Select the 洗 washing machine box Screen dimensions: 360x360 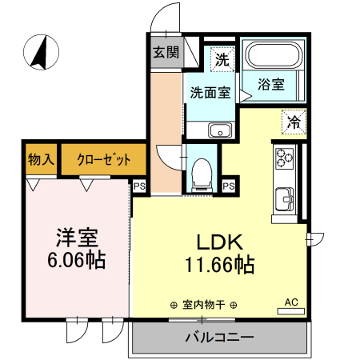point(222,58)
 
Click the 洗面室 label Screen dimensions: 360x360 point(210,92)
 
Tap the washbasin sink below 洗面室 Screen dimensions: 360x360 point(219,130)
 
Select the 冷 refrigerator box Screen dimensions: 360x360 point(294,122)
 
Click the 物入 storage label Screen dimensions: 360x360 point(40,159)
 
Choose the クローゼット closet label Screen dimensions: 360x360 point(104,159)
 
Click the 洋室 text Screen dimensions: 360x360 point(77,238)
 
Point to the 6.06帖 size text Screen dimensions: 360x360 point(77,261)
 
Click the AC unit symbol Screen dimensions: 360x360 point(291,303)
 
